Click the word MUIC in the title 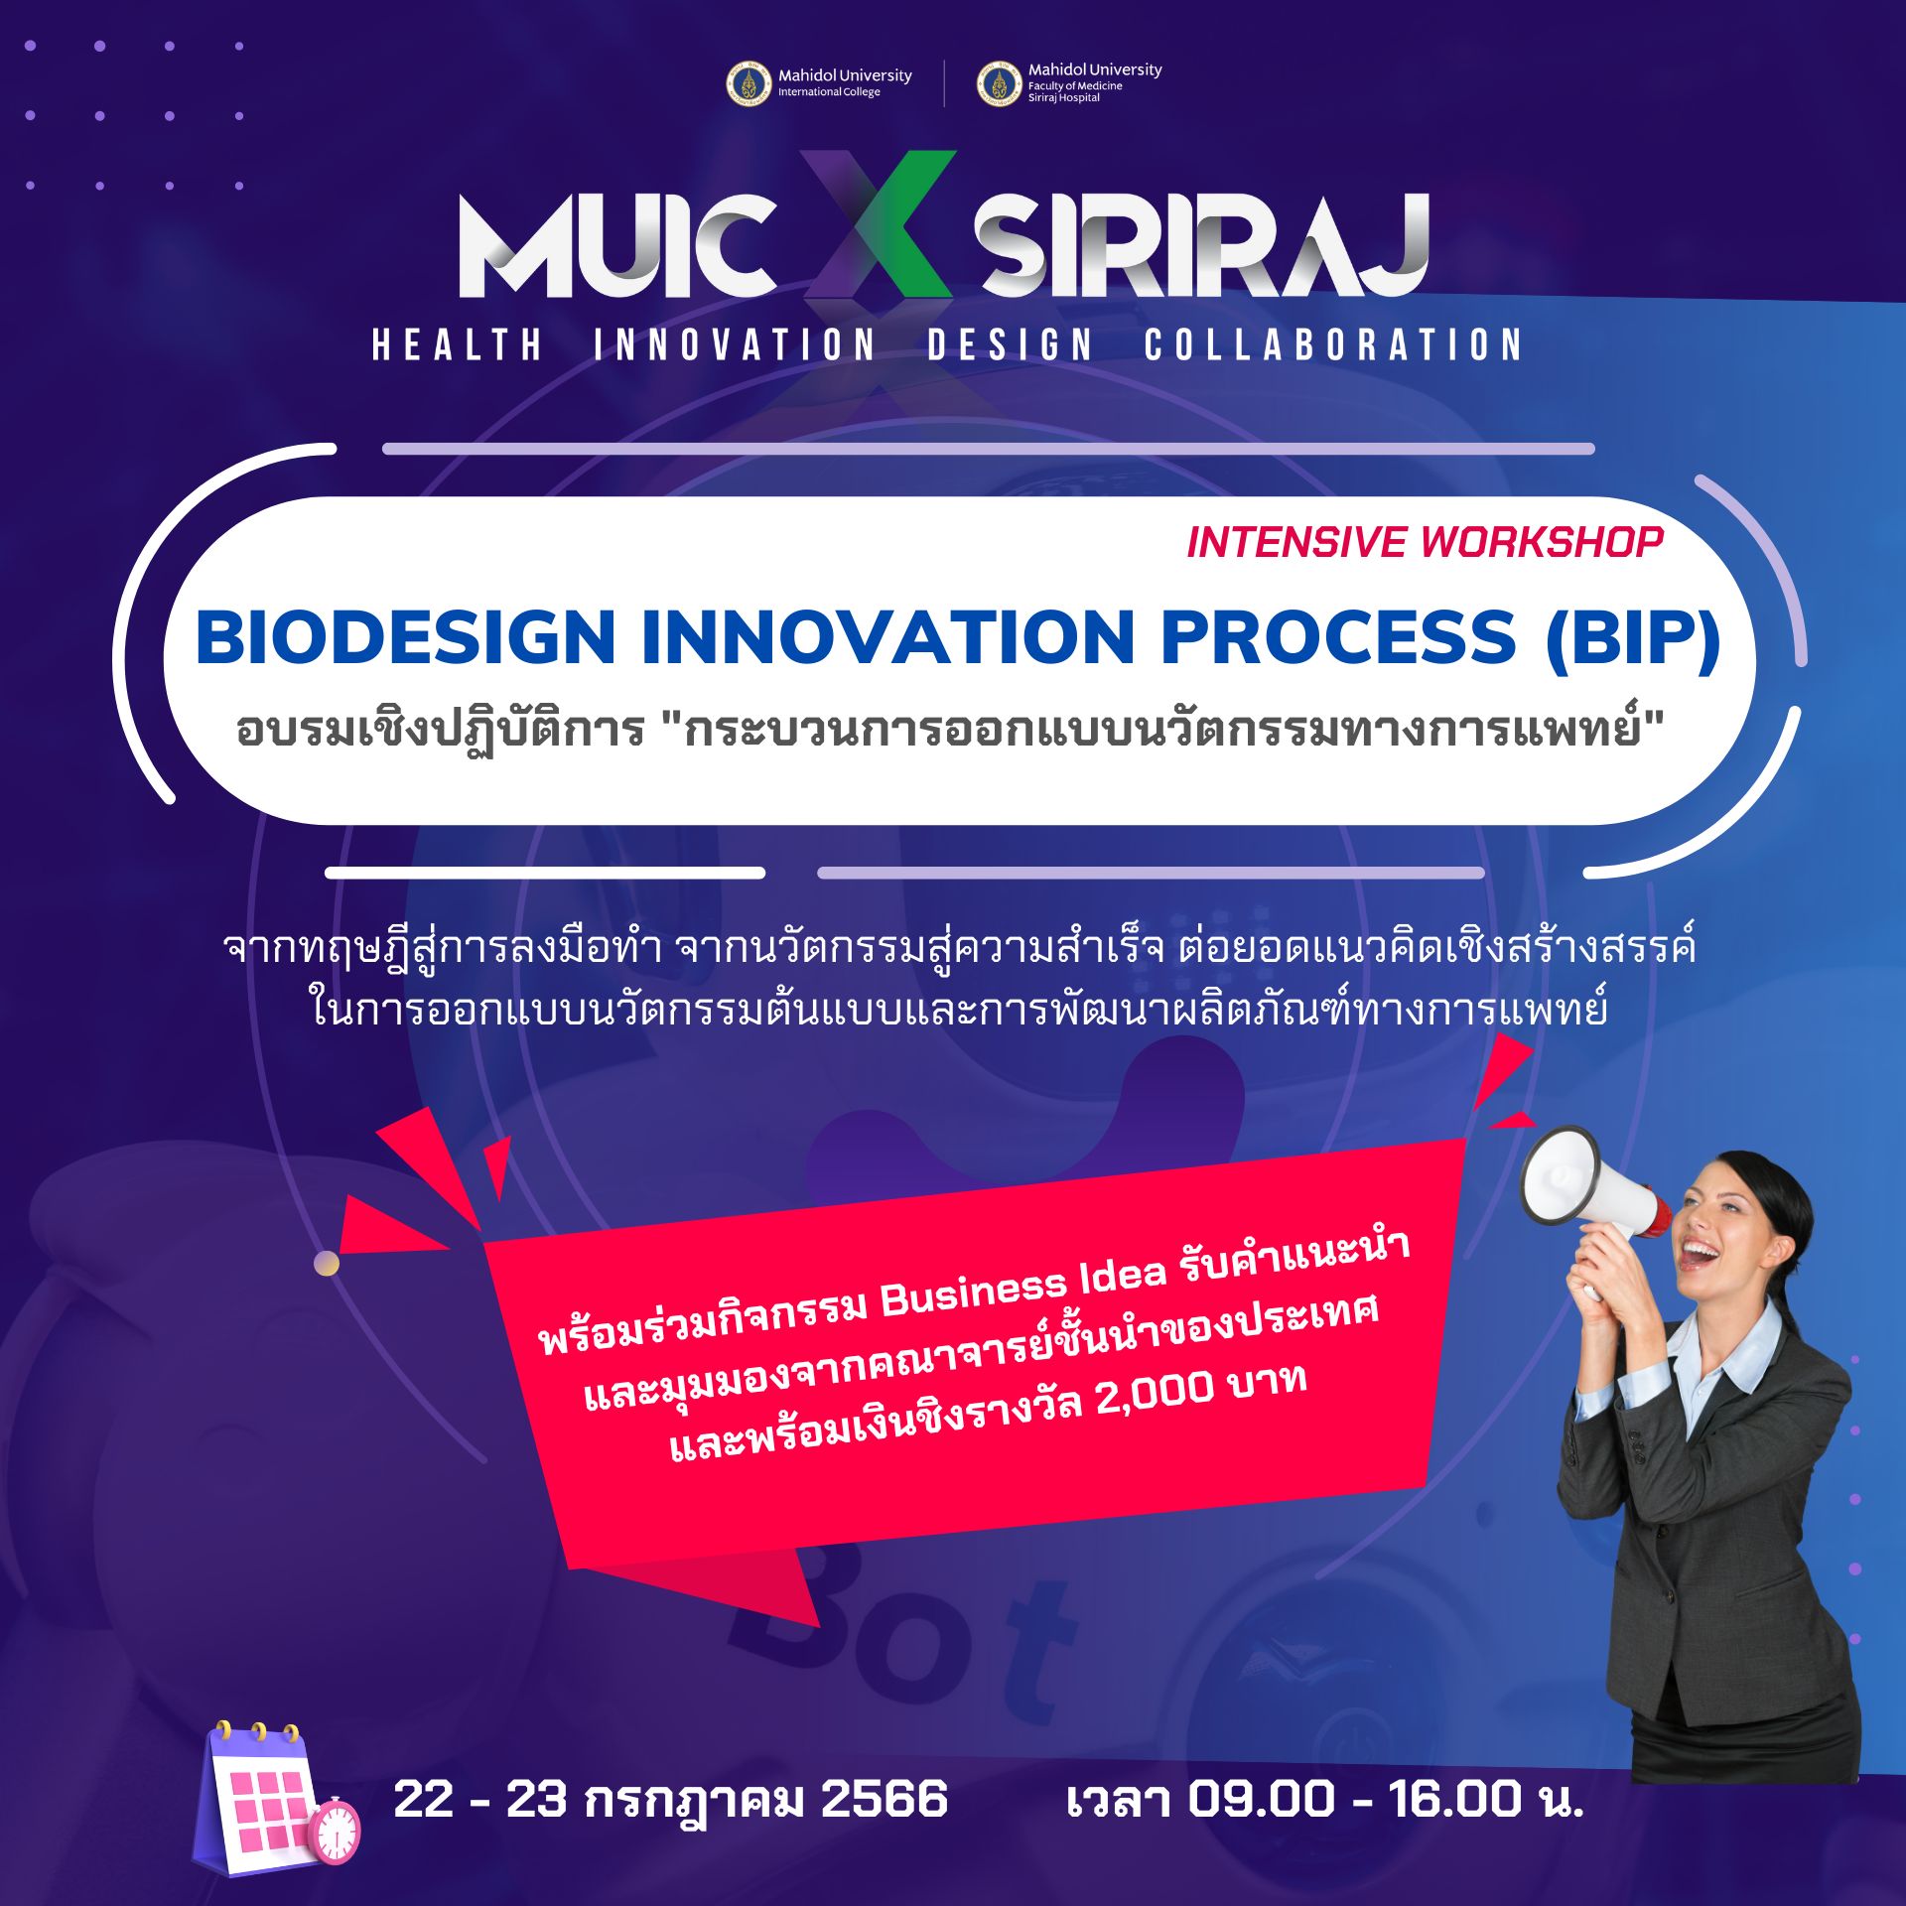click(616, 245)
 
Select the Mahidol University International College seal click(749, 83)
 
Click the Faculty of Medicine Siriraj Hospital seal click(1000, 83)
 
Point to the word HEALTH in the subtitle click(458, 344)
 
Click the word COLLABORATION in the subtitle click(1333, 344)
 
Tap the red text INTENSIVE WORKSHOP click(1425, 542)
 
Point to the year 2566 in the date click(885, 1799)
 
